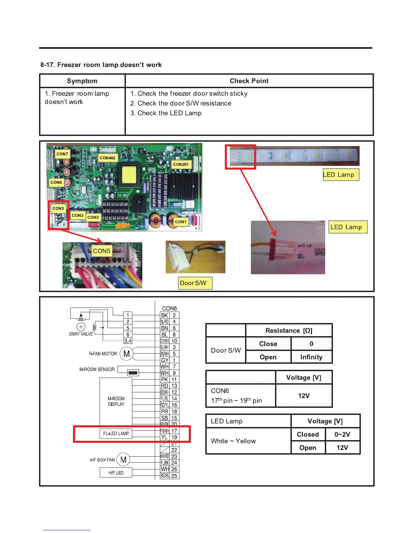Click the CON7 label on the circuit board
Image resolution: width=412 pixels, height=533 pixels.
coord(62,154)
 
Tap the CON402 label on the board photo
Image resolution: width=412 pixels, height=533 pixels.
coord(107,157)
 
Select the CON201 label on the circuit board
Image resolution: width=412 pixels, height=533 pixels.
coord(181,164)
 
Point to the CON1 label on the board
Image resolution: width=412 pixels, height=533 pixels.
coord(180,222)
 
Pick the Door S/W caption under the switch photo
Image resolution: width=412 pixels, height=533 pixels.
coord(194,283)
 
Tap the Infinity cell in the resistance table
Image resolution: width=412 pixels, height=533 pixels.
coord(311,357)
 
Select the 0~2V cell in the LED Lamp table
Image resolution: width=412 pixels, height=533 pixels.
coord(342,434)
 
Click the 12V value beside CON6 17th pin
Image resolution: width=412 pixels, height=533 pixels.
coord(304,396)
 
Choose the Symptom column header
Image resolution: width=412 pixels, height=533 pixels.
coord(82,81)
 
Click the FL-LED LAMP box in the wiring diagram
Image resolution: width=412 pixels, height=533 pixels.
coord(116,433)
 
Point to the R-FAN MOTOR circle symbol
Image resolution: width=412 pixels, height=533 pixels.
coord(127,354)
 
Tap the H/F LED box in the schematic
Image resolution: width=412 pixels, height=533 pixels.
coord(116,473)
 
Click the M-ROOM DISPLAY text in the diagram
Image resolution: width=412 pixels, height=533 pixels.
coord(116,401)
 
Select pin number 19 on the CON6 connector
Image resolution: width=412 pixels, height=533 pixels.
coord(174,437)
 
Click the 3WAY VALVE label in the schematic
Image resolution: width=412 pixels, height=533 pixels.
coord(81,334)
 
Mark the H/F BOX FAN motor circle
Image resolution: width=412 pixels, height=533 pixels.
coord(124,460)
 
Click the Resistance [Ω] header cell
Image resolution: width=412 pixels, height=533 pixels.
coord(289,330)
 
